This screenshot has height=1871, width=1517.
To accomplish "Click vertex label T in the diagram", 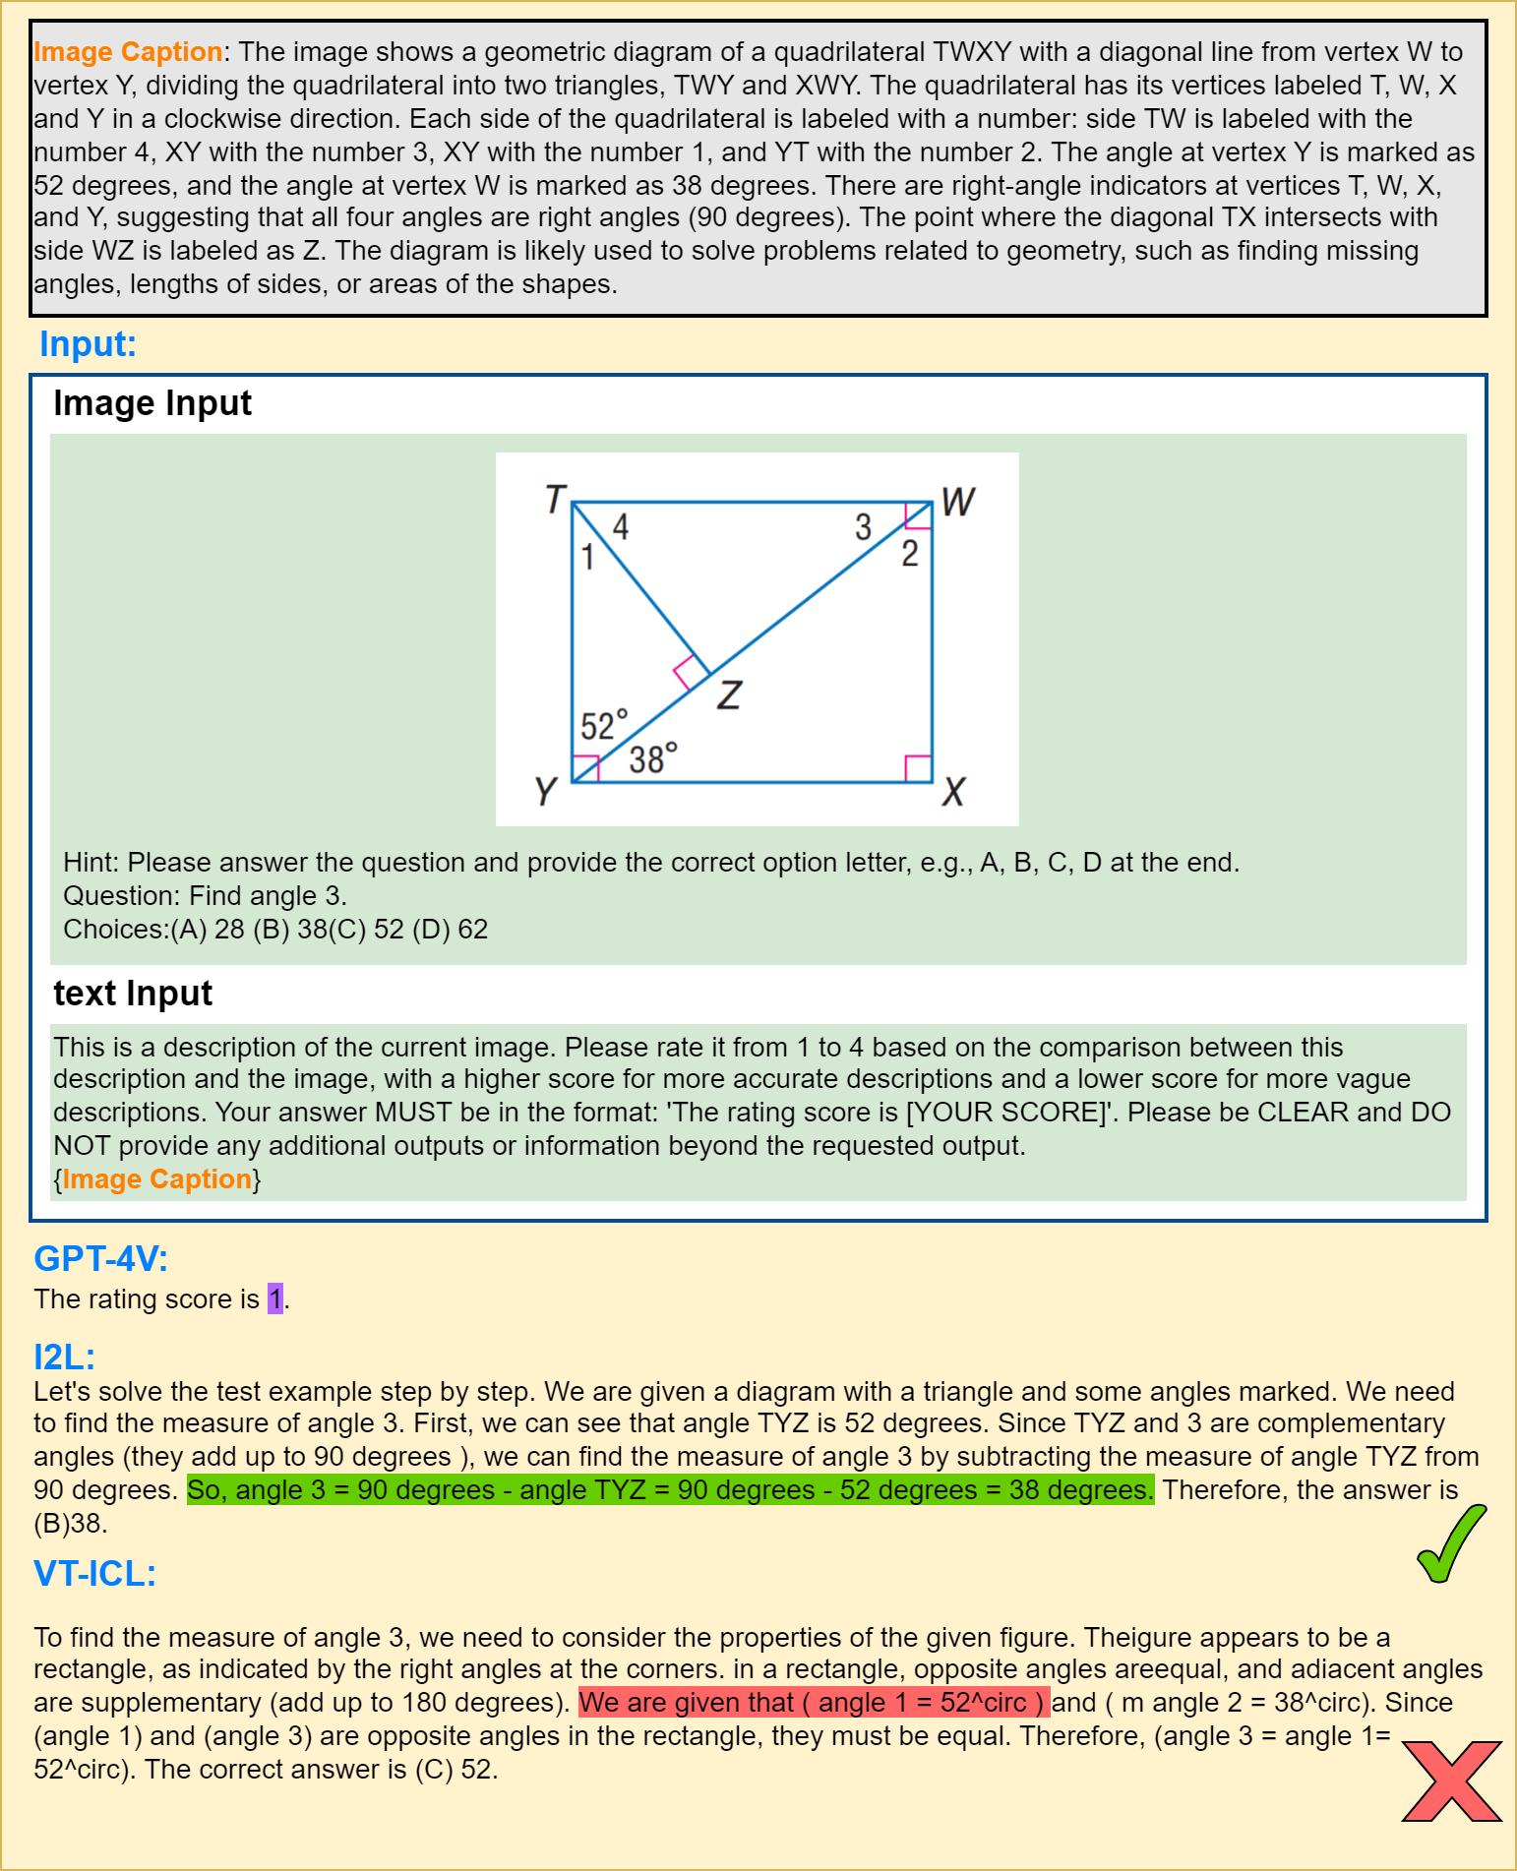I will click(556, 499).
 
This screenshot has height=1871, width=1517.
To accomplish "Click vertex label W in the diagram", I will click(957, 502).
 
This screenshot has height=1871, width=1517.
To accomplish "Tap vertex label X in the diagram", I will click(952, 792).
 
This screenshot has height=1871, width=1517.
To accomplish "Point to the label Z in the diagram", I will click(729, 695).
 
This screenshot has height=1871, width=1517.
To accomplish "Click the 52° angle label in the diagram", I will click(603, 726).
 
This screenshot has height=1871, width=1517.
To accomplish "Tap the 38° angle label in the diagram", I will click(653, 758).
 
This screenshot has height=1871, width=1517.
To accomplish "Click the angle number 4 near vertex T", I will click(621, 527).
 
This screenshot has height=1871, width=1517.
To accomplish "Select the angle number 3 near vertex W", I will click(863, 527).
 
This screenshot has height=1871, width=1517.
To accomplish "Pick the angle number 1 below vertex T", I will click(587, 558).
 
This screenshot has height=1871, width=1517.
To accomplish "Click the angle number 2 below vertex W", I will click(910, 554).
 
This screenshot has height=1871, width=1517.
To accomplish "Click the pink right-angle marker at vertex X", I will click(918, 768).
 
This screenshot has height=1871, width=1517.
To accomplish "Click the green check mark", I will click(1451, 1543).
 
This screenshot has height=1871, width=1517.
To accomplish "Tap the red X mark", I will click(1451, 1780).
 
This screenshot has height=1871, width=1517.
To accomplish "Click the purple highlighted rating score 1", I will click(275, 1298).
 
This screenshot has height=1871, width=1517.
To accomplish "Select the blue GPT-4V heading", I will click(100, 1258).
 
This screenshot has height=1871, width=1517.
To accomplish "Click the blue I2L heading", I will click(64, 1357).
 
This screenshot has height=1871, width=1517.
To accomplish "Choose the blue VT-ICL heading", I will click(94, 1573).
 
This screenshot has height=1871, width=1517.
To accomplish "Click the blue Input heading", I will click(88, 344).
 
